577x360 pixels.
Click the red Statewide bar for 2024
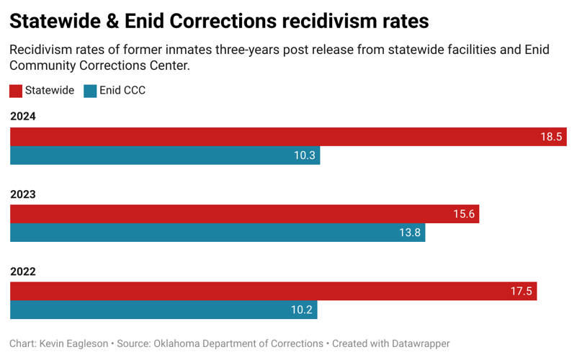click(x=288, y=137)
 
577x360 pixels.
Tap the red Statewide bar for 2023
click(x=244, y=214)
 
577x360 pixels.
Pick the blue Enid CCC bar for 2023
click(x=217, y=233)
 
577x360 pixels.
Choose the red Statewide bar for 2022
click(x=273, y=291)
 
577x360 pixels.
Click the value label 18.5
click(x=551, y=137)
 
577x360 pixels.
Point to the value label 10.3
click(x=304, y=156)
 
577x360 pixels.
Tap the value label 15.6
click(x=463, y=214)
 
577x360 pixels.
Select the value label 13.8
click(x=409, y=233)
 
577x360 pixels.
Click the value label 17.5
click(x=521, y=291)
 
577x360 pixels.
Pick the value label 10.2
click(x=301, y=310)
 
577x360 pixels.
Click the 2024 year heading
click(x=22, y=117)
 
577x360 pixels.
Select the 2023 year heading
click(x=22, y=194)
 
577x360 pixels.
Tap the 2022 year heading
click(x=22, y=271)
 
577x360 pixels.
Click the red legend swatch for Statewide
click(x=16, y=91)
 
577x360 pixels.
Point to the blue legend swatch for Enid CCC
click(x=90, y=91)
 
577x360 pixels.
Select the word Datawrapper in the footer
click(x=415, y=343)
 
